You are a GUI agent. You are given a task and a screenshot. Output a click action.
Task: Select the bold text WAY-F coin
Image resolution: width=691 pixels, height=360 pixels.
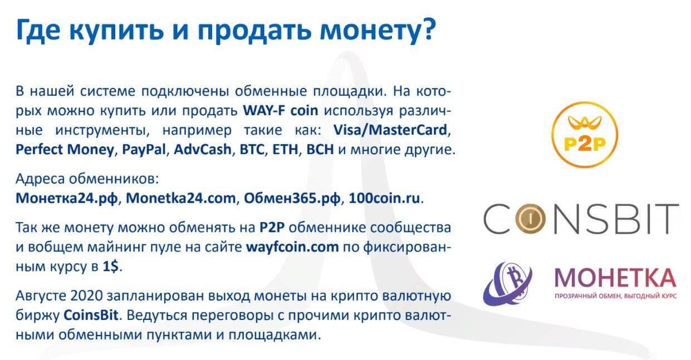point(281,110)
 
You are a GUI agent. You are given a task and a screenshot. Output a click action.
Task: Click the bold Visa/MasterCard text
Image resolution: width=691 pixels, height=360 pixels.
point(390,130)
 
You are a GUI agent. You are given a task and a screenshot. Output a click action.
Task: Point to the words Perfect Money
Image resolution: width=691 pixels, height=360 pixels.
point(65,150)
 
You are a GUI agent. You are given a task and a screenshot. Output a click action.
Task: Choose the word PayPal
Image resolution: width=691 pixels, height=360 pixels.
point(144,150)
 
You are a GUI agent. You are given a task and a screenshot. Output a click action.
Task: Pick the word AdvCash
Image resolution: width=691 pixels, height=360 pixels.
point(202,149)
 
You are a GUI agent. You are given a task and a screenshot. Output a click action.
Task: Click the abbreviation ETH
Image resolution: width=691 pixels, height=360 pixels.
point(285,150)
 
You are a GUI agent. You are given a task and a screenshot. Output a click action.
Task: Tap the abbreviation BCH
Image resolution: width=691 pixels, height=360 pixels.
point(320,150)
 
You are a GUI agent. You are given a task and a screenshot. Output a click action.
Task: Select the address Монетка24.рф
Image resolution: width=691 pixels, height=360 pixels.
point(67,199)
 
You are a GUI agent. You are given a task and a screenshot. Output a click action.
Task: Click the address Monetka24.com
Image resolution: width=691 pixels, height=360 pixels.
point(181,198)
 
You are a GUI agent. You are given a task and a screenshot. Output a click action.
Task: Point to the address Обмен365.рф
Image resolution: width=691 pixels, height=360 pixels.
point(292,199)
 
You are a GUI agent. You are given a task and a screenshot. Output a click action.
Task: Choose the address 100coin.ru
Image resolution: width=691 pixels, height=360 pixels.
point(384,198)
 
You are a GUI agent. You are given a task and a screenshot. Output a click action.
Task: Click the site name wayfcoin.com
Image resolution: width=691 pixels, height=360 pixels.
point(292,247)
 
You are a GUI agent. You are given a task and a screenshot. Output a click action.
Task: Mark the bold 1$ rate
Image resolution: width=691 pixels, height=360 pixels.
point(110,267)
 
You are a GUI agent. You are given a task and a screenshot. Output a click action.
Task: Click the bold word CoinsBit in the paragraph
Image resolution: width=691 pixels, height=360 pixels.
point(91,315)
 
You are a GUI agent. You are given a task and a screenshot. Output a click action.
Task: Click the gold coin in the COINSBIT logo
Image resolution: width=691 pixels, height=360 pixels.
point(530,219)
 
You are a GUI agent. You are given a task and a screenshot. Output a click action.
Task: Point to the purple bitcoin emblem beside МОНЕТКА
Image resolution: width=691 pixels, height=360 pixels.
point(507,284)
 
